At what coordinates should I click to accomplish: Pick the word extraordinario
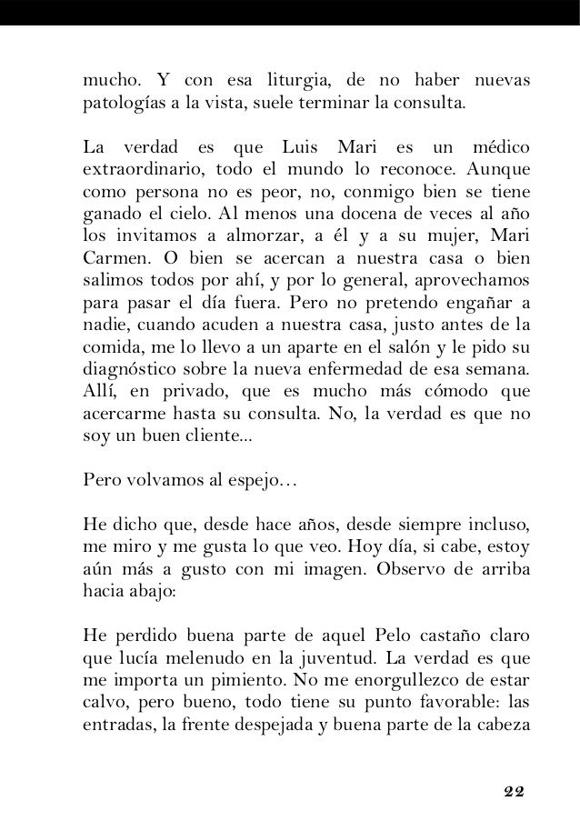click(x=135, y=170)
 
